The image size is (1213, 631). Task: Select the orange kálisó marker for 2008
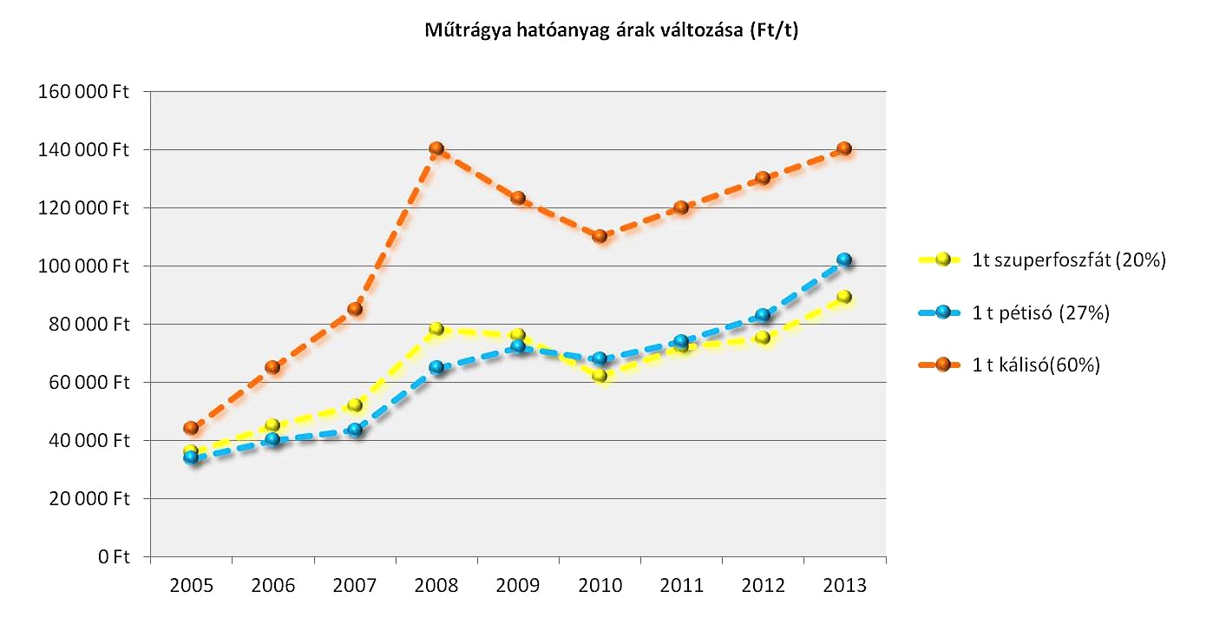tap(436, 148)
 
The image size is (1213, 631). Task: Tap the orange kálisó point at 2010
tap(600, 236)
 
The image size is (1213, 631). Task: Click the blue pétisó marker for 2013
tap(844, 260)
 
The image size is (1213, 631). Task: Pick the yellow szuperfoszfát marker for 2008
tap(436, 329)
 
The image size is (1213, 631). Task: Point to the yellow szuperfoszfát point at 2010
tap(600, 376)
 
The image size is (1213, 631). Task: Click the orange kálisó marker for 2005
tap(191, 428)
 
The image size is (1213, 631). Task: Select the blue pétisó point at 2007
tap(355, 429)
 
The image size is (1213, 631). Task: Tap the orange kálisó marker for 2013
tap(844, 148)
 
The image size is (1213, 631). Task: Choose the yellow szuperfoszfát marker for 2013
tap(844, 297)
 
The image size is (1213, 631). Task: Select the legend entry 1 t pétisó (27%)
tap(1041, 312)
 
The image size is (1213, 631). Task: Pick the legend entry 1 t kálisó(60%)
tap(1036, 365)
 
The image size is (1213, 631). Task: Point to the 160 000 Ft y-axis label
tap(83, 92)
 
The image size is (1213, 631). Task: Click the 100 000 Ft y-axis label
tap(83, 266)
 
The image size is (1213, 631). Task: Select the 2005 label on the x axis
tap(191, 585)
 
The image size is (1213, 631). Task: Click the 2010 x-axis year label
tap(600, 585)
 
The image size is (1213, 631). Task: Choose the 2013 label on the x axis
tap(844, 585)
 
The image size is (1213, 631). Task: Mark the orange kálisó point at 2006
tap(272, 367)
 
